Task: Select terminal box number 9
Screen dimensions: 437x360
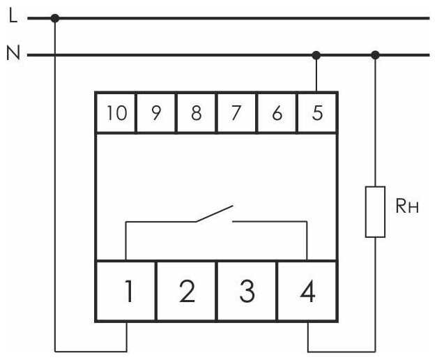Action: click(155, 113)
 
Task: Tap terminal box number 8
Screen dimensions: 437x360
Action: click(196, 113)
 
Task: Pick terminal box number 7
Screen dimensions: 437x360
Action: click(236, 113)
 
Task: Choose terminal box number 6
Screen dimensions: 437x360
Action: click(277, 113)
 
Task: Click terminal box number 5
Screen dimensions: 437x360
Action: click(317, 113)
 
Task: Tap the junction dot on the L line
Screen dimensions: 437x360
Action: click(55, 18)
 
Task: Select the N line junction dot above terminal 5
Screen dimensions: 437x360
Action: click(316, 54)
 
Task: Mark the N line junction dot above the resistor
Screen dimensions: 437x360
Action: click(376, 54)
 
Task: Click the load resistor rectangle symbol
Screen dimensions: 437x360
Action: click(376, 212)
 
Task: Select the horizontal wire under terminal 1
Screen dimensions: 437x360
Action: click(91, 349)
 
